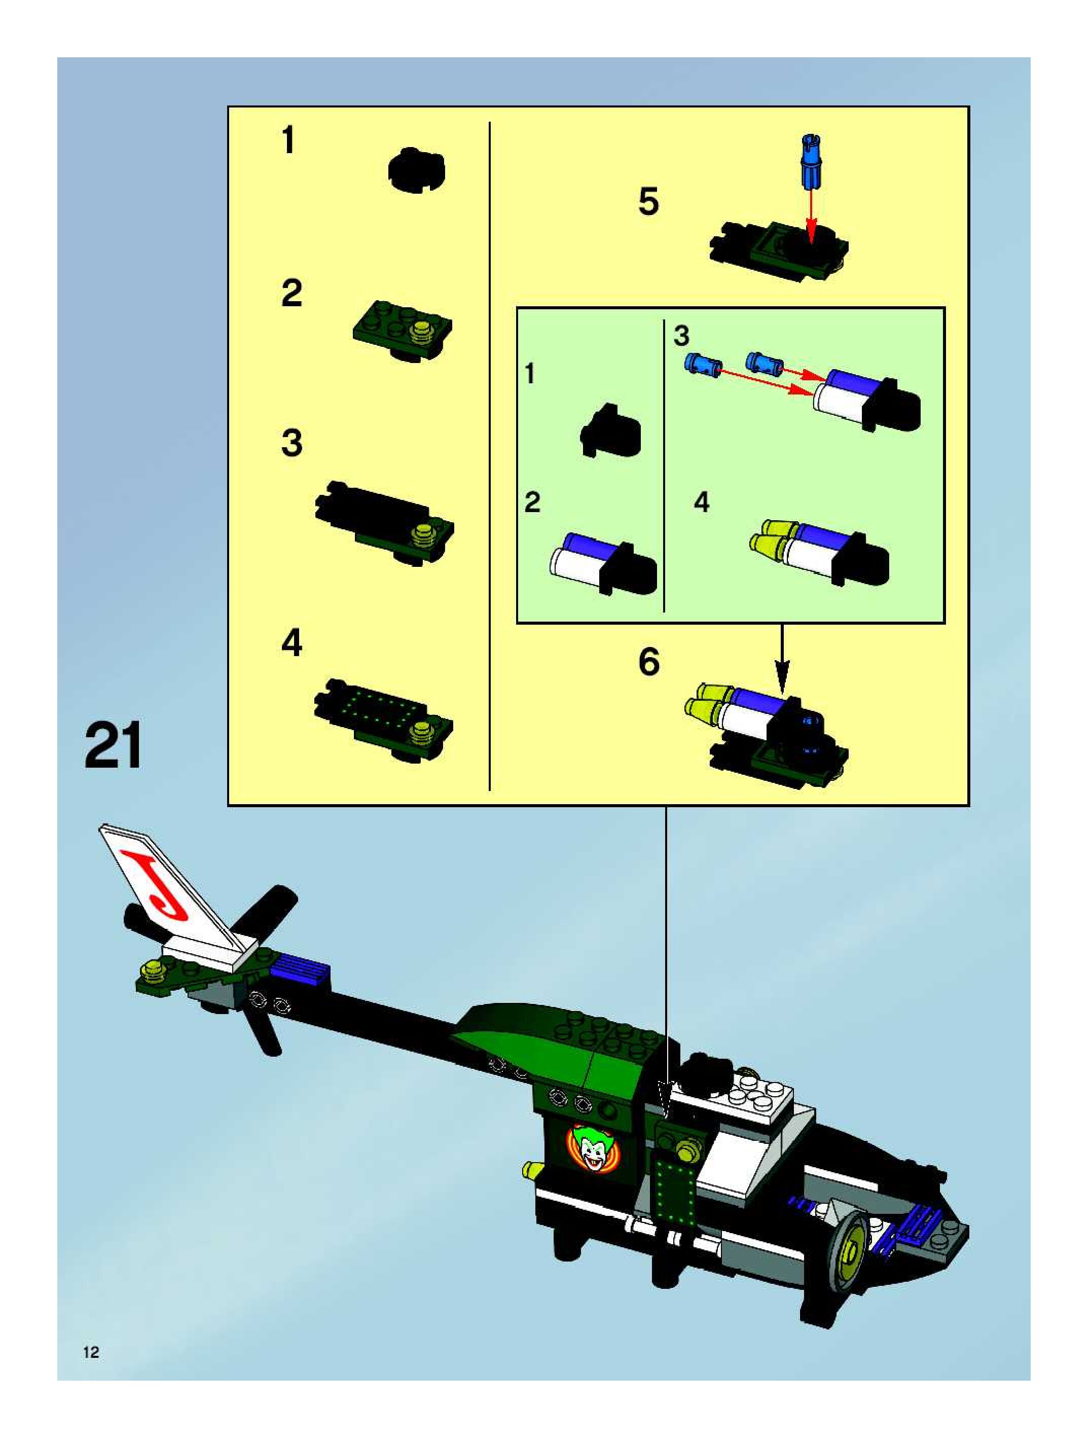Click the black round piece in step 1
pos(417,169)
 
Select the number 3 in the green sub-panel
pos(681,336)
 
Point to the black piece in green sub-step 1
pos(610,430)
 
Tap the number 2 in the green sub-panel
pos(532,502)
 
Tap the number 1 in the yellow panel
pos(288,140)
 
